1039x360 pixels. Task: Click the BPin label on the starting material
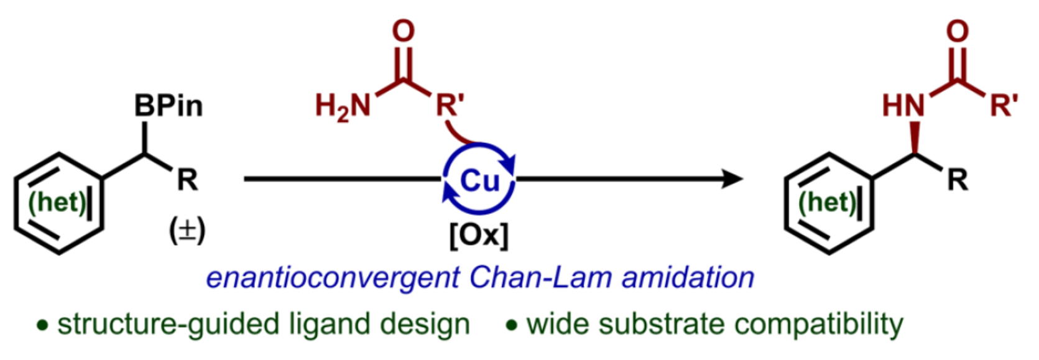click(169, 106)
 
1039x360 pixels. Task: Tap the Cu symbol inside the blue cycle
click(479, 181)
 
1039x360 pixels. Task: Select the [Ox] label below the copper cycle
click(479, 235)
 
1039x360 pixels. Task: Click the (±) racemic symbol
click(187, 230)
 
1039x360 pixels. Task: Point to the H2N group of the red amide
click(343, 106)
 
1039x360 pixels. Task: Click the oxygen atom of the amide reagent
click(404, 31)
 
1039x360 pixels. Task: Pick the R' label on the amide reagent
click(450, 106)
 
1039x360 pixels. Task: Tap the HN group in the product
click(903, 106)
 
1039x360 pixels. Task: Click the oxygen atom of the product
click(958, 31)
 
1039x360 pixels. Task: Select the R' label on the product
click(1004, 106)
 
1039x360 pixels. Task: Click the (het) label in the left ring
click(57, 202)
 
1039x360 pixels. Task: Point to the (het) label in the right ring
click(827, 202)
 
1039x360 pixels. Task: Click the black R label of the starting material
click(187, 180)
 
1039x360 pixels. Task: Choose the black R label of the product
click(958, 180)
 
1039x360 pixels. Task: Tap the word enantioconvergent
click(333, 277)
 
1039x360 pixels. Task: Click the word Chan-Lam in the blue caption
click(540, 277)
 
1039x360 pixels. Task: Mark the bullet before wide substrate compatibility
click(511, 325)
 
